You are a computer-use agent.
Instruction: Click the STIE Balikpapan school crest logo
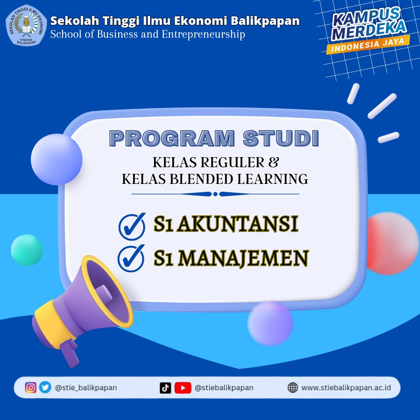click(26, 25)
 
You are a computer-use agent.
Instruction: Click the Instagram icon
click(31, 388)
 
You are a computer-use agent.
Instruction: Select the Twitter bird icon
click(45, 387)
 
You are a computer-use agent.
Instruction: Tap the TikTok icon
click(165, 388)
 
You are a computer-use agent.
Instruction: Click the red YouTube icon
click(183, 388)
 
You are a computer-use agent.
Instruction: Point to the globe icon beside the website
click(292, 388)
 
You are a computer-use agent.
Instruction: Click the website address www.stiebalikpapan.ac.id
click(346, 388)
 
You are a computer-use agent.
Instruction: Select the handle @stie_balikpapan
click(86, 388)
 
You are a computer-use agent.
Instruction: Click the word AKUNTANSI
click(238, 224)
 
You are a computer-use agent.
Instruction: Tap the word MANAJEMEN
click(243, 258)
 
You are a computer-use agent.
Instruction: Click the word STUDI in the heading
click(281, 138)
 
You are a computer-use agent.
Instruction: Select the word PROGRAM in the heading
click(172, 138)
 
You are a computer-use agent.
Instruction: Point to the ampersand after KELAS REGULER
click(273, 162)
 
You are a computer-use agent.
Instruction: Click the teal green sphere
click(26, 250)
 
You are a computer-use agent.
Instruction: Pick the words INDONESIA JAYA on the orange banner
click(368, 45)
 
